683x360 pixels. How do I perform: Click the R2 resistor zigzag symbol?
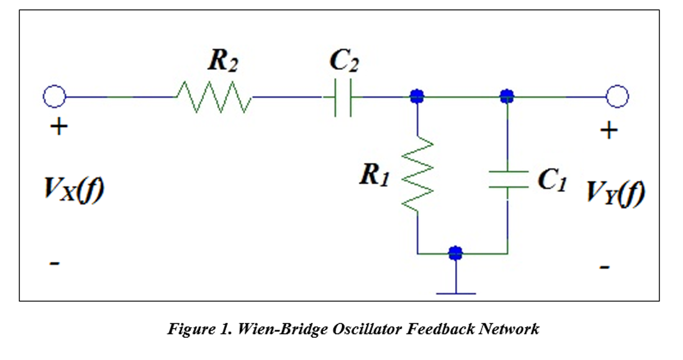point(214,97)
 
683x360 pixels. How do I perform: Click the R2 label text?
point(223,61)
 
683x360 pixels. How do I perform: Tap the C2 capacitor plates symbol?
point(343,98)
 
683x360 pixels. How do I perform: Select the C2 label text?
point(344,61)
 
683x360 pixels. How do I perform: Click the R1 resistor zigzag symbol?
point(417,174)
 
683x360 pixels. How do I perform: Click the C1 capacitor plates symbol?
point(508,179)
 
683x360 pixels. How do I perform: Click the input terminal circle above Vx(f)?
point(54,96)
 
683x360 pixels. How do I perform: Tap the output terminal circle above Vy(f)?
point(617,96)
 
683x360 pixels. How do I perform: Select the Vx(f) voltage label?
point(74,190)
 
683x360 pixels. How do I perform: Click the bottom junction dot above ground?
point(456,253)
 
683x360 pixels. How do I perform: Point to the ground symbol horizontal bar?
point(456,294)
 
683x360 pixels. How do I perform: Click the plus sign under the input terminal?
point(59,127)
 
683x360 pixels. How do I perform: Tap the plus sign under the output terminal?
point(609,130)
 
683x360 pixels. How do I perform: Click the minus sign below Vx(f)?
point(54,263)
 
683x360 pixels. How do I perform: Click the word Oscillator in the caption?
point(367,329)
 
